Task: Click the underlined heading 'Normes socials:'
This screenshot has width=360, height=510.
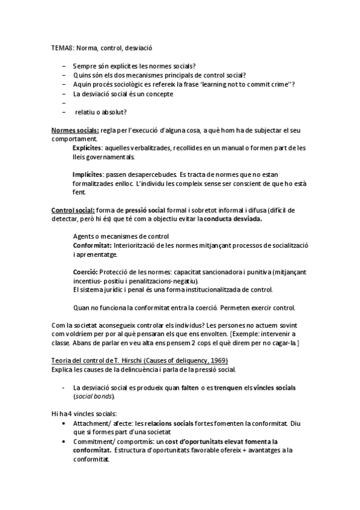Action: [75, 130]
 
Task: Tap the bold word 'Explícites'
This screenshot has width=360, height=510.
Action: [88, 147]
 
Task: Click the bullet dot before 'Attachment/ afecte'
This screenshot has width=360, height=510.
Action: [65, 423]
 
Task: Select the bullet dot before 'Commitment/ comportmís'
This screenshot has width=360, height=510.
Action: [65, 441]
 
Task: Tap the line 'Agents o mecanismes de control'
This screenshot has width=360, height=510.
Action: [121, 236]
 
